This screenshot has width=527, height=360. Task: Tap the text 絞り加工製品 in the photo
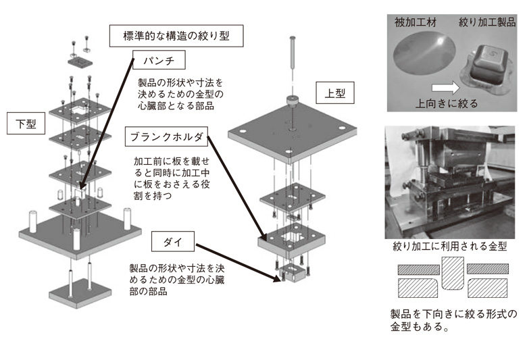point(483,22)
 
